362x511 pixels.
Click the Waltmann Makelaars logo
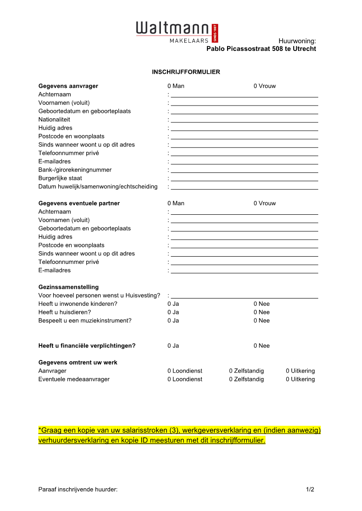coord(173,32)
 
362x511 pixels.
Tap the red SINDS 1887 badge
coord(215,33)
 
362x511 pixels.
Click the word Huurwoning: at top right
coord(297,41)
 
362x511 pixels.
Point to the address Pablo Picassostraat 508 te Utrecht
coord(261,49)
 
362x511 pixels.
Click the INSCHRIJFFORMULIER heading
coord(186,72)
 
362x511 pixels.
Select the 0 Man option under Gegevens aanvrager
coord(176,86)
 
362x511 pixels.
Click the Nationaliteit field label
coord(54,120)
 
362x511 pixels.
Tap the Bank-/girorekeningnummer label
coord(75,170)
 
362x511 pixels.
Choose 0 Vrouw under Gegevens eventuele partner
coord(264,203)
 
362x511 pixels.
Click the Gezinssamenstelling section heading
coord(68,287)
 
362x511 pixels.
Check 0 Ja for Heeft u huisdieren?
coord(173,312)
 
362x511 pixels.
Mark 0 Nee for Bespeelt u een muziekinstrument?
coord(262,321)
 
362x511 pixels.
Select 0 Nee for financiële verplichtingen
coord(262,346)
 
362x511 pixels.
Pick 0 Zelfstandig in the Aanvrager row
coord(246,371)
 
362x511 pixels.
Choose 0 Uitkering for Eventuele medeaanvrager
coord(300,379)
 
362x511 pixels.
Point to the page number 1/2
coord(310,490)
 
